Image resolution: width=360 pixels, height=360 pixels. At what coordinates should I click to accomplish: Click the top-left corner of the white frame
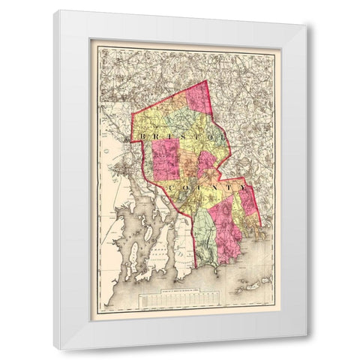54,10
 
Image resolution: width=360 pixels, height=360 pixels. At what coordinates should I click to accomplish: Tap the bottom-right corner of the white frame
306,349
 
